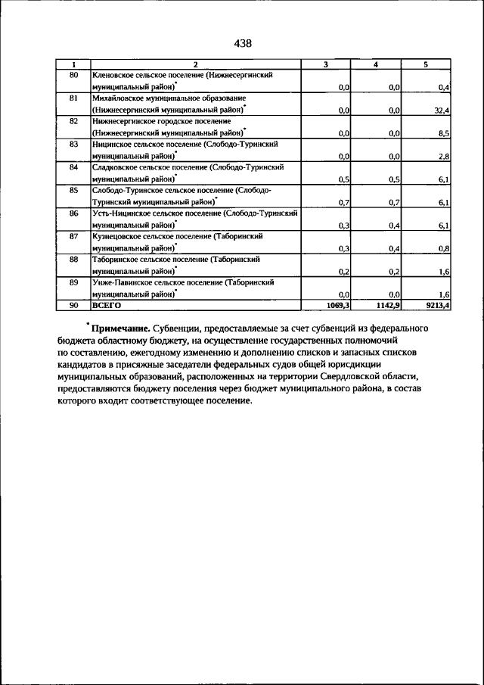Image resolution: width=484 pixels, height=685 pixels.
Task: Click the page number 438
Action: pos(242,44)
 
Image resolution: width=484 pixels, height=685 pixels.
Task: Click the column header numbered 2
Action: pos(195,65)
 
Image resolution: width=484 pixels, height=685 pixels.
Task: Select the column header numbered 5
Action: pos(426,65)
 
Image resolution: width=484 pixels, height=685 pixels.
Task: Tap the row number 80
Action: pos(73,76)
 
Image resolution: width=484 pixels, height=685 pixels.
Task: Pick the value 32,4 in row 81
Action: pos(442,111)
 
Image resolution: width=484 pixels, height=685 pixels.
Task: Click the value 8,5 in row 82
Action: pos(444,133)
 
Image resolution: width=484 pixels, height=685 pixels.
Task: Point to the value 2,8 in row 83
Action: pos(444,156)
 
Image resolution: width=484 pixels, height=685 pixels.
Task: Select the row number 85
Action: pos(73,190)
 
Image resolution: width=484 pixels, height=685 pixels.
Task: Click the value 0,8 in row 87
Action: pos(444,248)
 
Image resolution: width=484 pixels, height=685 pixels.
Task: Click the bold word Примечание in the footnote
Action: pos(119,328)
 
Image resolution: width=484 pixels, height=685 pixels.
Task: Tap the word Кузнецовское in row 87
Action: pos(119,236)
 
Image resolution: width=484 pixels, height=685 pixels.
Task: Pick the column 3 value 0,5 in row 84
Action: pos(343,179)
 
